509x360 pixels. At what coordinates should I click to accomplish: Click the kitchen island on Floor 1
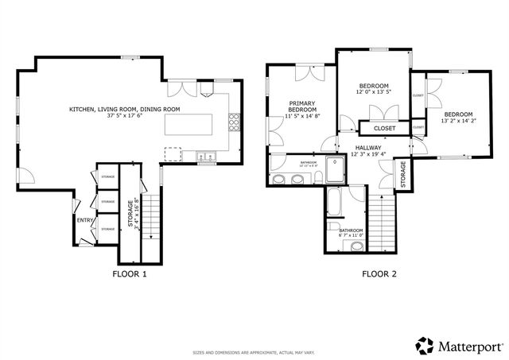(x=188, y=126)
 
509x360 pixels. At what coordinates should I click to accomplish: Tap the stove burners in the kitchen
(x=234, y=122)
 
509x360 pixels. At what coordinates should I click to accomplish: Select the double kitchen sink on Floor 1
(x=207, y=157)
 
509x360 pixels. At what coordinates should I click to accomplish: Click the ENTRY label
(x=83, y=220)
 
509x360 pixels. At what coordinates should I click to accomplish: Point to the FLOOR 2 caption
(x=379, y=274)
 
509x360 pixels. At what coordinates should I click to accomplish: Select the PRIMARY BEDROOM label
(x=302, y=106)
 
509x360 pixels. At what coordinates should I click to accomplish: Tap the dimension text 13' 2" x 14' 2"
(x=457, y=122)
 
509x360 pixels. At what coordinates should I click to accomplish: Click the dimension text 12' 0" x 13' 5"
(x=373, y=93)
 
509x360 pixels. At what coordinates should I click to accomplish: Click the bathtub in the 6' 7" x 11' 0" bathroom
(x=334, y=203)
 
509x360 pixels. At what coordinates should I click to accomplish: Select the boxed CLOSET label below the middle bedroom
(x=385, y=127)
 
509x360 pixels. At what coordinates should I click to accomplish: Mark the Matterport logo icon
(x=424, y=345)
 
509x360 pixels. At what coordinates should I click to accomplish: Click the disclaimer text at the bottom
(x=254, y=352)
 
